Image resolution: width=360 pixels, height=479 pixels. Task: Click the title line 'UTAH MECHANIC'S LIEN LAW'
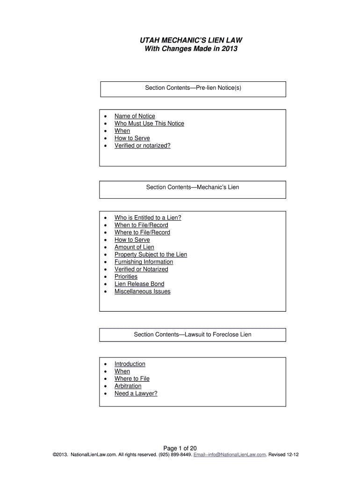click(193, 40)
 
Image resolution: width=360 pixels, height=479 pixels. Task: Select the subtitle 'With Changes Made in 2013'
click(193, 48)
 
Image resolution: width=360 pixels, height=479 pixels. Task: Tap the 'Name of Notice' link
click(135, 116)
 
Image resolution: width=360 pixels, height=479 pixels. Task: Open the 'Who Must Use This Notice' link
click(149, 123)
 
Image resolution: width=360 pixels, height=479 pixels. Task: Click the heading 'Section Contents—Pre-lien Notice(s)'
click(193, 87)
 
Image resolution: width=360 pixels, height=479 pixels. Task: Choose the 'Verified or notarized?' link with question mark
click(143, 145)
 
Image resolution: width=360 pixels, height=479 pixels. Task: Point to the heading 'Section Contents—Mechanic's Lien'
click(193, 187)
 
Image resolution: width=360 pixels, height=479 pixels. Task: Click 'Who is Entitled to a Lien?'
click(148, 218)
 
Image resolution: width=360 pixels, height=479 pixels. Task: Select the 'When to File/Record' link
click(141, 225)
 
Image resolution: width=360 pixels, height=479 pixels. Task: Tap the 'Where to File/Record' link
click(142, 232)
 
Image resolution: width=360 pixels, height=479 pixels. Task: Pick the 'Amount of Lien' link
click(134, 247)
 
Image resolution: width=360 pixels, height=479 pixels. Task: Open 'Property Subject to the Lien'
click(151, 254)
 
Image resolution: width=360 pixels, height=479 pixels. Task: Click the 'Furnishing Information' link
click(144, 262)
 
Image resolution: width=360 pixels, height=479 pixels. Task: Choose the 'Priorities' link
click(126, 276)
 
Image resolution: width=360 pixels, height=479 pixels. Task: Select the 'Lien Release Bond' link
click(139, 284)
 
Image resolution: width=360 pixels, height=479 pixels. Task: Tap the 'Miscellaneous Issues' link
click(143, 291)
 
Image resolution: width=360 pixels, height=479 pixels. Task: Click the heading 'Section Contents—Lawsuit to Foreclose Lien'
click(193, 334)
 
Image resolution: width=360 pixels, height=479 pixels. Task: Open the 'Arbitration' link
click(128, 386)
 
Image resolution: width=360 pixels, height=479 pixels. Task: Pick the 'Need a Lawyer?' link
click(136, 393)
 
